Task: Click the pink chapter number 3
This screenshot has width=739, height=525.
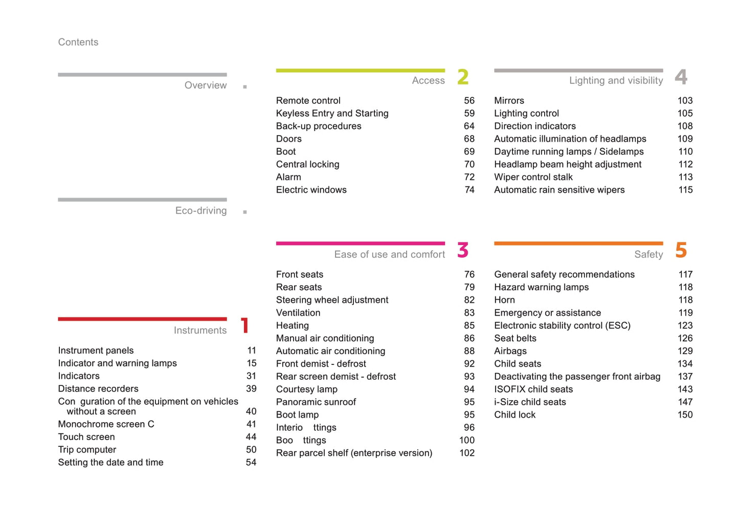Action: (463, 250)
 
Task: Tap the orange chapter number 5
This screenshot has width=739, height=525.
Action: (681, 250)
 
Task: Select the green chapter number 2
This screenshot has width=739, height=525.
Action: (463, 77)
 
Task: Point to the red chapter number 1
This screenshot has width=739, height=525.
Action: (245, 325)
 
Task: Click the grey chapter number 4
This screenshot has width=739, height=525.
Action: (681, 77)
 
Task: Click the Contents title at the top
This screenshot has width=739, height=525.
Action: (78, 42)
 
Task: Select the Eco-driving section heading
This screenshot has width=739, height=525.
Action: (200, 211)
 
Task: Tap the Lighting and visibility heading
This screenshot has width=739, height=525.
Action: (616, 80)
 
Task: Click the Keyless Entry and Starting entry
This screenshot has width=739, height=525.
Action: (332, 114)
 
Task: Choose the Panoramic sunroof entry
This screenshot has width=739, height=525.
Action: (316, 402)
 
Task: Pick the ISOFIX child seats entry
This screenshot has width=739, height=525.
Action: (533, 389)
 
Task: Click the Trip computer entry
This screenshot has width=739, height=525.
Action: (87, 450)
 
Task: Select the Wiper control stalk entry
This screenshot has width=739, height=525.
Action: (533, 177)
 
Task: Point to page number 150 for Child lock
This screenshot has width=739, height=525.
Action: (685, 415)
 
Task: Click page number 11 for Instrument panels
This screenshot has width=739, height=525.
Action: (252, 351)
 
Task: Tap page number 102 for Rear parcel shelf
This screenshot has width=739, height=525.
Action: (466, 453)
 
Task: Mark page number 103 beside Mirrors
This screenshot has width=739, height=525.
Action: (685, 101)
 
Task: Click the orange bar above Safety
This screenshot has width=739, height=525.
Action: (578, 244)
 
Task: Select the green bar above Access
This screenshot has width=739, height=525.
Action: (360, 71)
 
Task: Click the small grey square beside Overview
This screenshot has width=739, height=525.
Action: (245, 87)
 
